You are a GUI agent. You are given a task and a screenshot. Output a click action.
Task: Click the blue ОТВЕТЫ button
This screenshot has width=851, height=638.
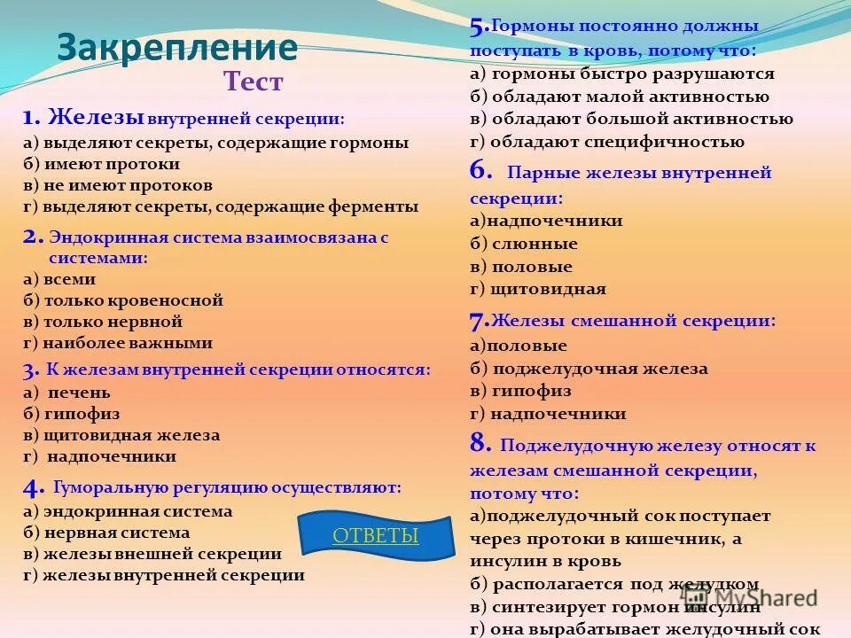[375, 535]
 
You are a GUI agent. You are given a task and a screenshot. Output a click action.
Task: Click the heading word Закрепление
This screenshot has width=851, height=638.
[176, 48]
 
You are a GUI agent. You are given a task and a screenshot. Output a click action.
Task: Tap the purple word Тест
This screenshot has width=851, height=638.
[254, 83]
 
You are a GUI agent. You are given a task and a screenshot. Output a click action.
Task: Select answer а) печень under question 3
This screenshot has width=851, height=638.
[67, 392]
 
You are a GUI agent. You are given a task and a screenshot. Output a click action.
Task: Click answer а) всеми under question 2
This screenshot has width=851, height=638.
[59, 278]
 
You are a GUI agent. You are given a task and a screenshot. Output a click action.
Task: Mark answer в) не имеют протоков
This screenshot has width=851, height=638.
[118, 185]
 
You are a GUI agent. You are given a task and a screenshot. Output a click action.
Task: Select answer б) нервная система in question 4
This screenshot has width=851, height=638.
[106, 533]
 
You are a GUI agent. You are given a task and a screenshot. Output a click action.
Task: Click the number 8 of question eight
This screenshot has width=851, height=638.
[480, 444]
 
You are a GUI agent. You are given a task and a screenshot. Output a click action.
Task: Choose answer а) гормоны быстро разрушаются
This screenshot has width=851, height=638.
[621, 74]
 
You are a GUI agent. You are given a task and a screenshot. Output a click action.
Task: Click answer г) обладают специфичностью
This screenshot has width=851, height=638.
[606, 142]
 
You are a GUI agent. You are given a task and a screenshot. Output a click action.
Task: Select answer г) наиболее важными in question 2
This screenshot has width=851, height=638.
[118, 343]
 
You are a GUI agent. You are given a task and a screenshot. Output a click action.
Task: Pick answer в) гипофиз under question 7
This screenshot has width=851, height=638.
[520, 391]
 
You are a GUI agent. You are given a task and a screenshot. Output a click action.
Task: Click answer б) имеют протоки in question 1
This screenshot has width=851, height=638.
[102, 164]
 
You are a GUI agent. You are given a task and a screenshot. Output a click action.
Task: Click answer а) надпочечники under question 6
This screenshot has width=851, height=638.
[546, 221]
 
